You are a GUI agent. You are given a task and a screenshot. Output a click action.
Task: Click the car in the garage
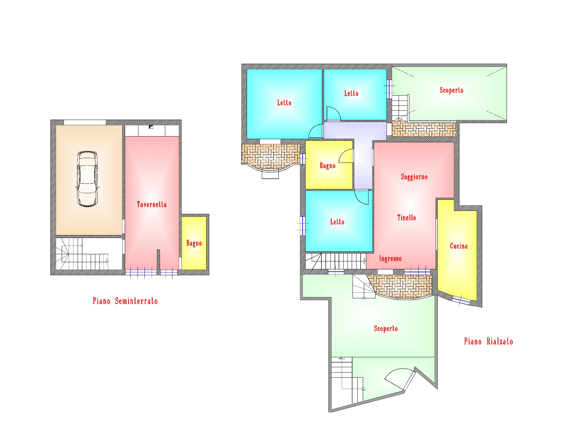coord(87,179)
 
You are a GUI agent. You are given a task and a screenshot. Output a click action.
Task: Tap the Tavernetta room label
coord(152,205)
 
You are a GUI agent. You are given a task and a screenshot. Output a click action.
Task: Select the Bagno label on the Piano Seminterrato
coord(194,243)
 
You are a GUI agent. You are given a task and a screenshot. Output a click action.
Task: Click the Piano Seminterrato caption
coord(125,301)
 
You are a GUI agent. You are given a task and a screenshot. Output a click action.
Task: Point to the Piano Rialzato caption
coord(488,341)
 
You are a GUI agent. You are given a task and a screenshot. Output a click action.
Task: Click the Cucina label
coord(459,246)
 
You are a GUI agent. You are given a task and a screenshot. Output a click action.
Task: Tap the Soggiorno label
coord(414,177)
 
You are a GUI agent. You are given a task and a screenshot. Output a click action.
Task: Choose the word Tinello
coord(407,218)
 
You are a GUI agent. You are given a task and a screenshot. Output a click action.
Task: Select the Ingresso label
coord(390,259)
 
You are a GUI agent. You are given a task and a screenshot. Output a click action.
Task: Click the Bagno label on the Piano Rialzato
coord(327,166)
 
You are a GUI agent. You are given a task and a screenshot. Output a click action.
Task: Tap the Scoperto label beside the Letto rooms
coord(451,90)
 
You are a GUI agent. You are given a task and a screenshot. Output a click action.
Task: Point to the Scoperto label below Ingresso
coord(386,329)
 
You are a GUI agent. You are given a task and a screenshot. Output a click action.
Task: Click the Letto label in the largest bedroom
coord(284,103)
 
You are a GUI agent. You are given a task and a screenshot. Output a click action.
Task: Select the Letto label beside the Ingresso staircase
coord(337,222)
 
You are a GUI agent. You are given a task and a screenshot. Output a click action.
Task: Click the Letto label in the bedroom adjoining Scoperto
coord(351,93)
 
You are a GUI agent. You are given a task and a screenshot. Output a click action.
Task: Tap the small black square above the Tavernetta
coord(151,127)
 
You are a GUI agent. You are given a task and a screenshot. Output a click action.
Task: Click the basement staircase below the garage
coord(82,254)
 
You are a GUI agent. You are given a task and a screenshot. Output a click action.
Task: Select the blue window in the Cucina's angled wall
coord(461,300)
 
